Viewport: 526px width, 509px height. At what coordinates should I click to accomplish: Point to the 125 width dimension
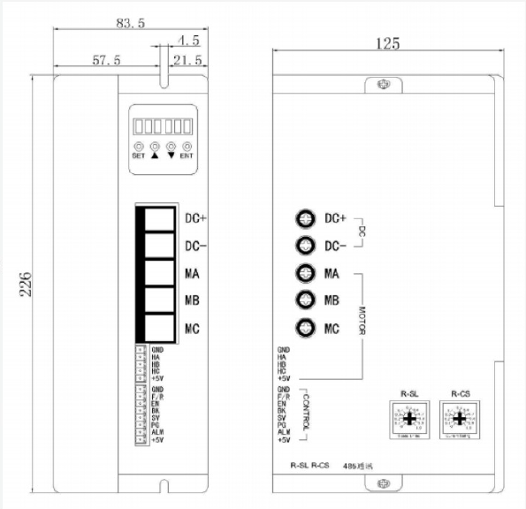point(388,42)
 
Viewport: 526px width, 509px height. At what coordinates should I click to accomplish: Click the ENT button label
point(187,156)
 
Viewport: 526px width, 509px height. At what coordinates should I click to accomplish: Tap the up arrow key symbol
point(155,155)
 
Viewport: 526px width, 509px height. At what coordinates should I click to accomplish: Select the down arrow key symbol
point(171,155)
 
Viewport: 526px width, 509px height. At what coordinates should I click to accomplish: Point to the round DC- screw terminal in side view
point(305,246)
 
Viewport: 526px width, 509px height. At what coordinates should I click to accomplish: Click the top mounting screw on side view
point(382,85)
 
